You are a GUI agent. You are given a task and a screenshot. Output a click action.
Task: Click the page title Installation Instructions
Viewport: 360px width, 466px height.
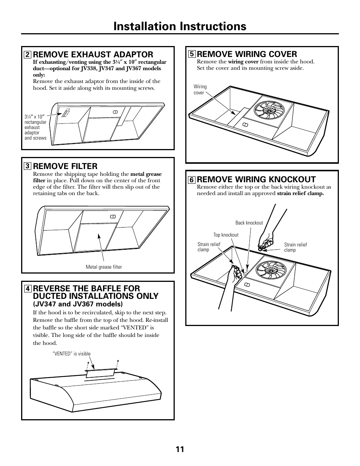click(180, 26)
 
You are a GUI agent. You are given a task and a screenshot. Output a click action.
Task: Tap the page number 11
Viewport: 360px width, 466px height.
click(180, 449)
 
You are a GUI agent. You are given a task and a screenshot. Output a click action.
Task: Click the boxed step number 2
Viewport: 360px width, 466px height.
click(27, 54)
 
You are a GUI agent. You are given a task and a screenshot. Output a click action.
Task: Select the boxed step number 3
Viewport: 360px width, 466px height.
click(27, 166)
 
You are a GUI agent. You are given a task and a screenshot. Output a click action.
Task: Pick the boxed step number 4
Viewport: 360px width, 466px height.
click(27, 289)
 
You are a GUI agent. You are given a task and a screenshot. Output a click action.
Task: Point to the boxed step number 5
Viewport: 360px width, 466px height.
click(192, 54)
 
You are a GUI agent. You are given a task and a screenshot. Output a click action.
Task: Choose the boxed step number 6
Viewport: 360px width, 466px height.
click(192, 180)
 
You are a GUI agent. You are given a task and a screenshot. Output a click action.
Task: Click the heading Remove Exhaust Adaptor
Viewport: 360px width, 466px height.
click(93, 54)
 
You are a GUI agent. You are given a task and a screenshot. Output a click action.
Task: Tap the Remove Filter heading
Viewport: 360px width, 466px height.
click(65, 166)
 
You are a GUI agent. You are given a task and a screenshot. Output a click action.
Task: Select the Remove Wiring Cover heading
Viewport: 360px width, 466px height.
click(247, 54)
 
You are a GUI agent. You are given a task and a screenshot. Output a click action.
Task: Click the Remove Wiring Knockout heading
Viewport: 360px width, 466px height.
click(256, 179)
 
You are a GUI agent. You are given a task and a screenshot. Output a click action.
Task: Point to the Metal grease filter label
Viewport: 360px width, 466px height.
click(104, 267)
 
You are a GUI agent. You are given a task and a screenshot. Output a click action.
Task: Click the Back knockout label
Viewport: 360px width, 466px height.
click(249, 223)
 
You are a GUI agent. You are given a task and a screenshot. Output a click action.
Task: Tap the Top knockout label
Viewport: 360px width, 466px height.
click(226, 235)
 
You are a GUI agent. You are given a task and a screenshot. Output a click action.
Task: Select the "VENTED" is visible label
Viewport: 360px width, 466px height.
click(74, 354)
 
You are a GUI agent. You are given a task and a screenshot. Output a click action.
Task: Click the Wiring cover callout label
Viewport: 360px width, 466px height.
click(200, 89)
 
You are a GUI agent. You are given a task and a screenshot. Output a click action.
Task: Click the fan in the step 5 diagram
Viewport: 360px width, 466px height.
click(269, 110)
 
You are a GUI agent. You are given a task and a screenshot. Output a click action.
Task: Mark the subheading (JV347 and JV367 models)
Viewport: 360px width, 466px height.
click(78, 304)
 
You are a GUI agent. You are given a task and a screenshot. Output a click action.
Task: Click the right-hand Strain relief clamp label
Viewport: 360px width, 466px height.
click(295, 247)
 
